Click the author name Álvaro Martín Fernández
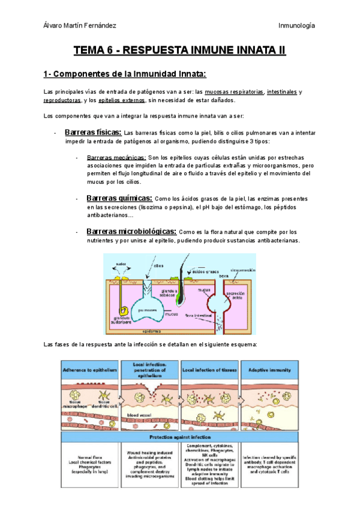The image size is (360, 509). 81,25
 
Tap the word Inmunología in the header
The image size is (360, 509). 297,25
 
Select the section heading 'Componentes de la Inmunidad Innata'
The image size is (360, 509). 125,74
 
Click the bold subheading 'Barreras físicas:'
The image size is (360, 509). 92,132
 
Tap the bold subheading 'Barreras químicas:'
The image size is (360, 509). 119,198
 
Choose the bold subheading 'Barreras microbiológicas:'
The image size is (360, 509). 131,232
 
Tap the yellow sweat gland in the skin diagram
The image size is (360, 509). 124,311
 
